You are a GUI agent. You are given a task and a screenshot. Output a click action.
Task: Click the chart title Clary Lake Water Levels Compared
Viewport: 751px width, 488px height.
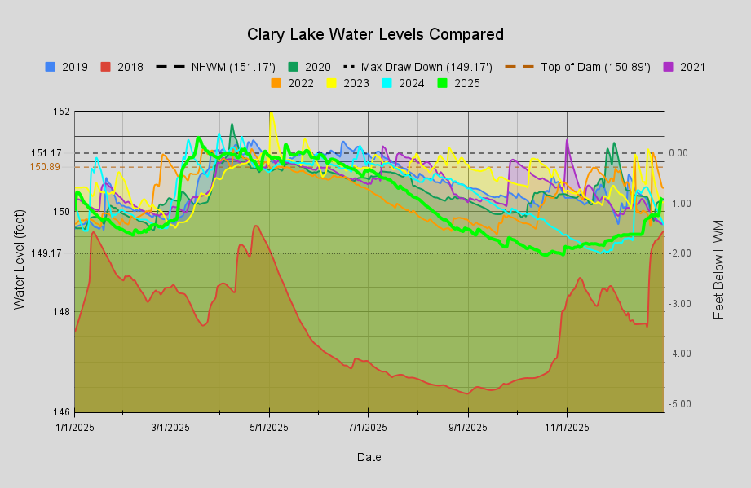coord(375,34)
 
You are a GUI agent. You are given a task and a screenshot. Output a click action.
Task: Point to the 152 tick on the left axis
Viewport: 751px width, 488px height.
coord(62,111)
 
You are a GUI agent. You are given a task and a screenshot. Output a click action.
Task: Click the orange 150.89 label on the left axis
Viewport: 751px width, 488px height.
coord(46,167)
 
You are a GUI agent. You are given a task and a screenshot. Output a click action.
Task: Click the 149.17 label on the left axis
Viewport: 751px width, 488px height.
coord(46,253)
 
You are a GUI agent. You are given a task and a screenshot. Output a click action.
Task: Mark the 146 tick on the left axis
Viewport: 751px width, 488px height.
coord(62,411)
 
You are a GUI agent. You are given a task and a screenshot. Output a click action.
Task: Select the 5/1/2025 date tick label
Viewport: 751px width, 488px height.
coord(269,426)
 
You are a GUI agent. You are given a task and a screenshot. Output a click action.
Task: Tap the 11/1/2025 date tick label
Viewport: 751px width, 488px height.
coord(567,426)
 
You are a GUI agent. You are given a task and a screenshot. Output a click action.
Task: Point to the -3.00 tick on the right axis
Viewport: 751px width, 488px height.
coord(680,303)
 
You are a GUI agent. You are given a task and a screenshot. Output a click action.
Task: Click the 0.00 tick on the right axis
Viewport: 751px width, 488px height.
coord(678,153)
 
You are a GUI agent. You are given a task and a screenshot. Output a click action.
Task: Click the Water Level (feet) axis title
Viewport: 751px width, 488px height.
coord(20,261)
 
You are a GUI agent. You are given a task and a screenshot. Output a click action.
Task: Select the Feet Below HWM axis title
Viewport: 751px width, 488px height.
coord(719,269)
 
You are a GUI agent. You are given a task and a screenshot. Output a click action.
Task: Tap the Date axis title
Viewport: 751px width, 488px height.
coord(369,457)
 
